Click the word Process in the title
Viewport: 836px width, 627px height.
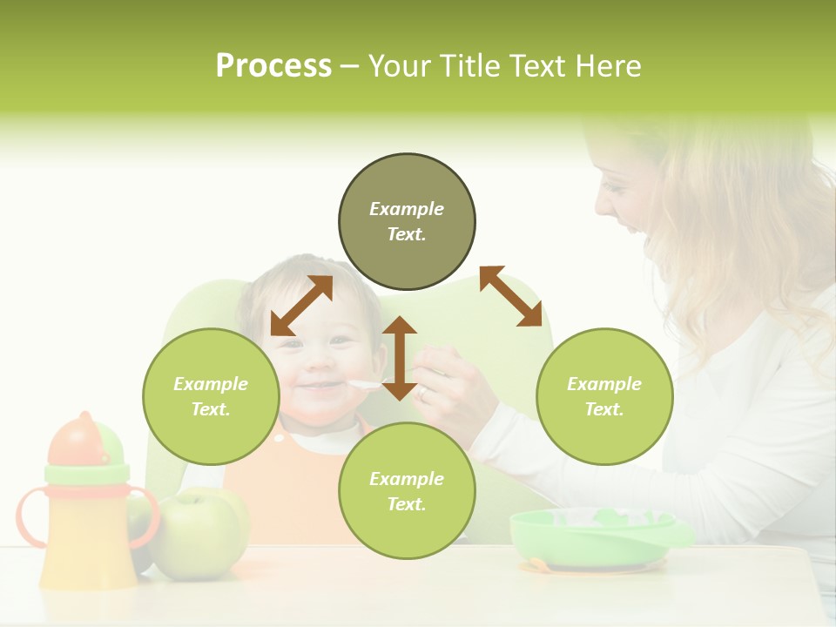pyautogui.click(x=273, y=66)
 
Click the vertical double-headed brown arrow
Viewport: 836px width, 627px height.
pyautogui.click(x=400, y=358)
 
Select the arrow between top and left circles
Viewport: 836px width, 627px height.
pyautogui.click(x=301, y=306)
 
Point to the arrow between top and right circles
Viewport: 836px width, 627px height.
pyautogui.click(x=511, y=296)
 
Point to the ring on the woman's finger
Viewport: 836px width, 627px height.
pyautogui.click(x=422, y=392)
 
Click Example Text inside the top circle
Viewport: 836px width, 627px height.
pyautogui.click(x=407, y=221)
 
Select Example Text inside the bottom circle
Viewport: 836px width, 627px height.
pyautogui.click(x=407, y=491)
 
